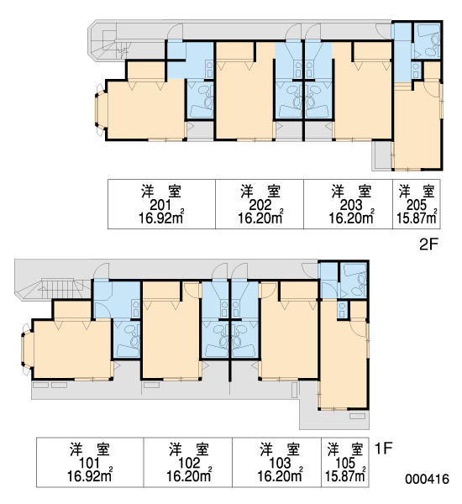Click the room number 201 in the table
(160, 205)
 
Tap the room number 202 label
(260, 205)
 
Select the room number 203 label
(351, 205)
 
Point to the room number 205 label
(417, 205)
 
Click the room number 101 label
(89, 463)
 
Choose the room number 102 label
(189, 463)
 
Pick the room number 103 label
(280, 463)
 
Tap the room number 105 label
(345, 463)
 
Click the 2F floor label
(429, 244)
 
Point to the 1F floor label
(384, 448)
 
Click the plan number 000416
(427, 480)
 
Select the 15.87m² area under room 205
(417, 218)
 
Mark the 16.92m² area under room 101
(89, 475)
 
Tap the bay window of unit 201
(100, 110)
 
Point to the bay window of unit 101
(27, 349)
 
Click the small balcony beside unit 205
(382, 155)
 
